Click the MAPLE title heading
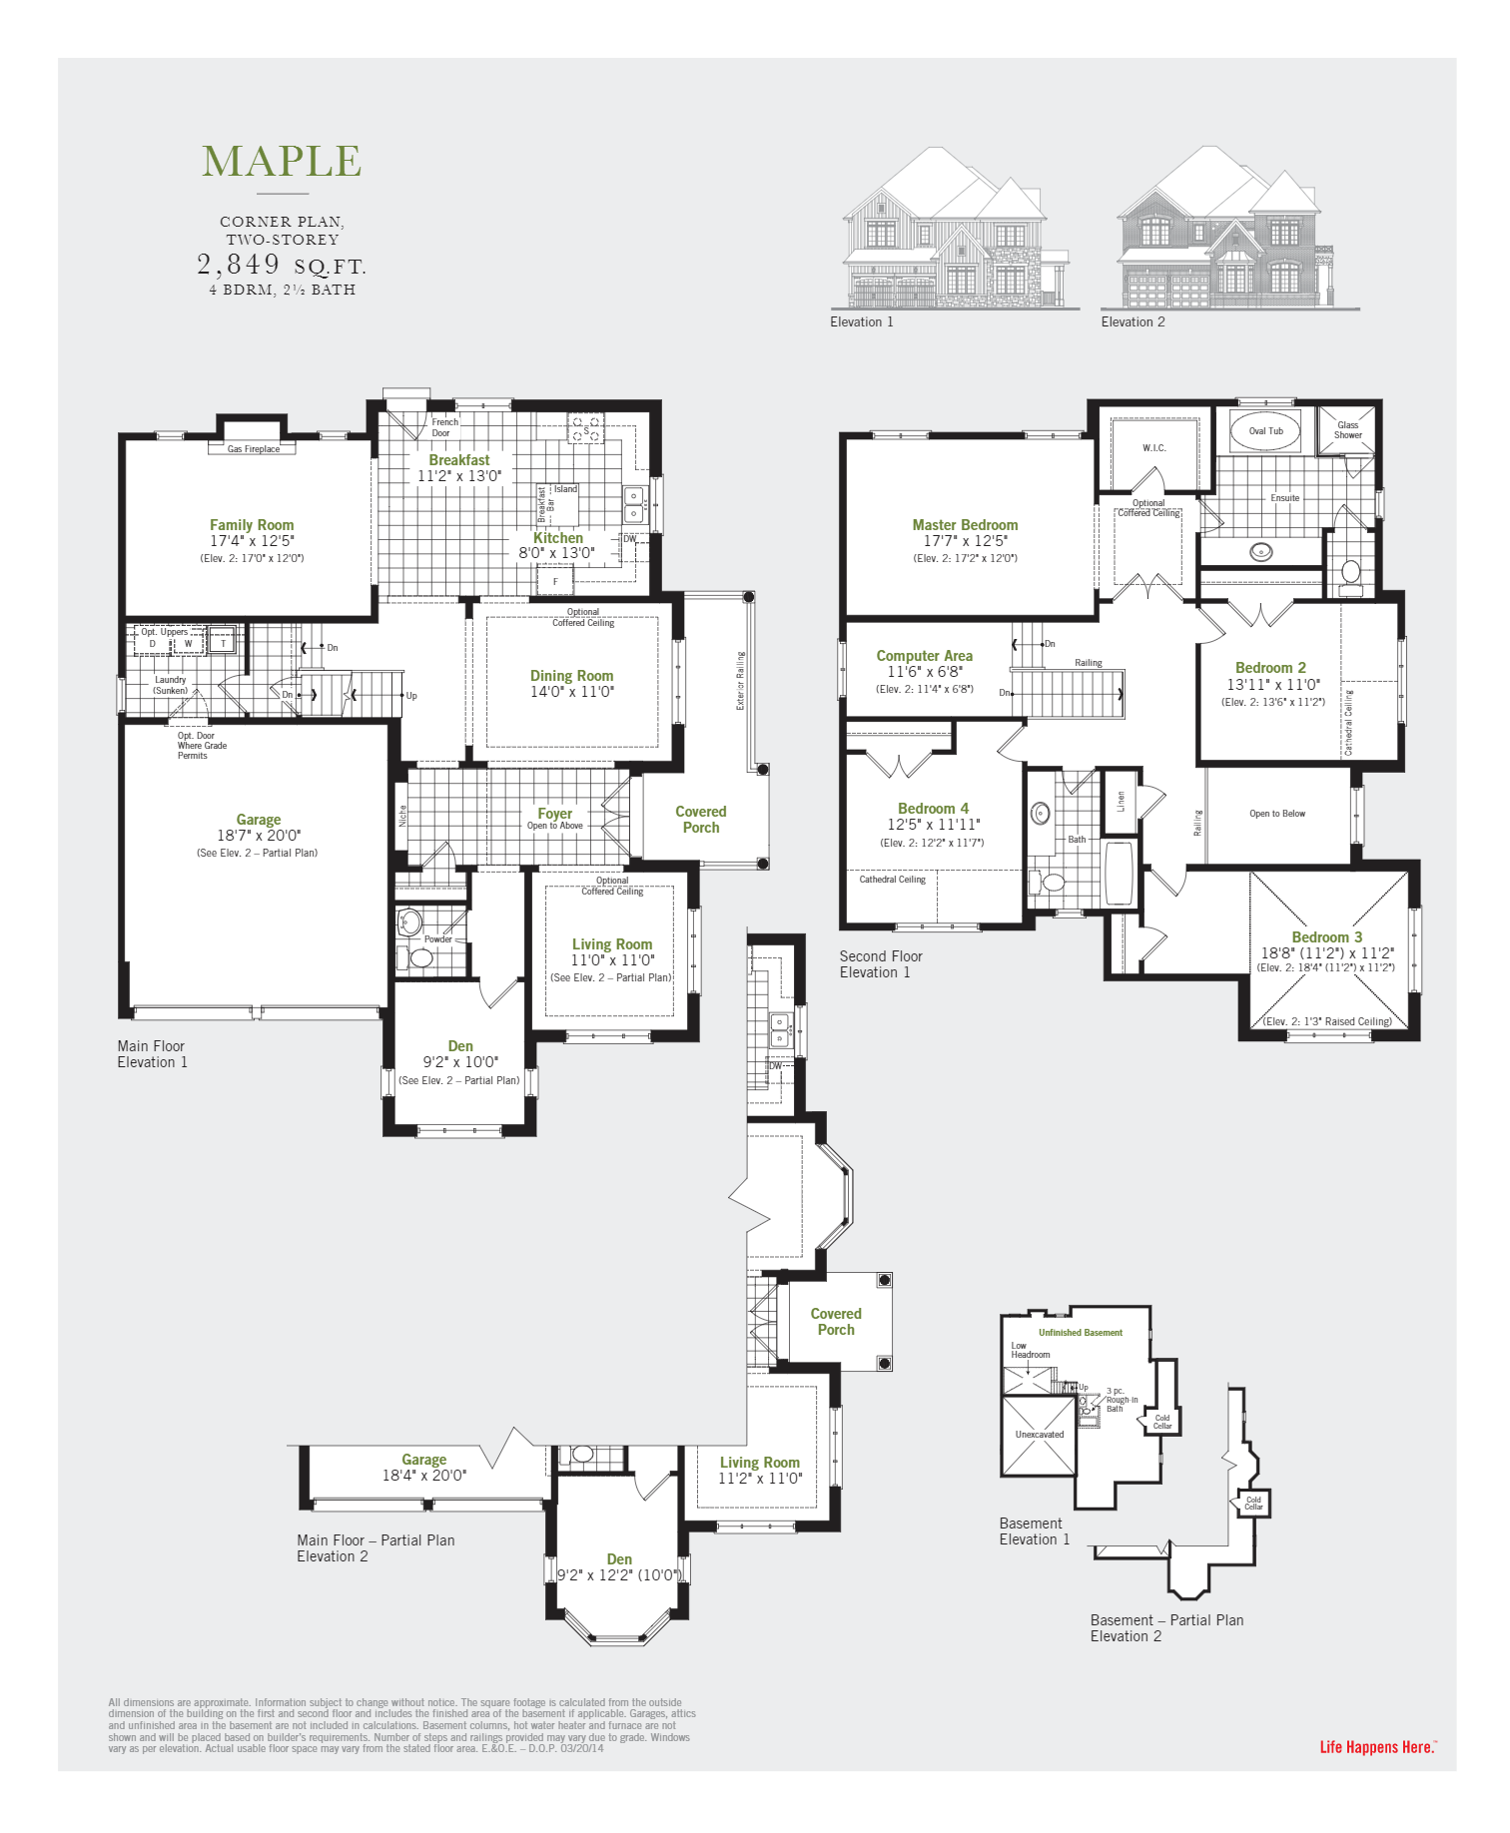coord(282,162)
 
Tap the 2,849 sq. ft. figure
coord(281,265)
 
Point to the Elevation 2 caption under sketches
coord(1132,321)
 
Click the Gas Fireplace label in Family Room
coord(254,449)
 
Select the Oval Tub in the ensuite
coord(1265,431)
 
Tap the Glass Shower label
coord(1347,430)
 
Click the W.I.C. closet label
coord(1153,448)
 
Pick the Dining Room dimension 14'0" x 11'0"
coord(571,692)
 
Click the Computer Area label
coord(924,656)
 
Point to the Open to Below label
coord(1276,814)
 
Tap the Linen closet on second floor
coord(1121,801)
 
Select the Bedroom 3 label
coord(1326,937)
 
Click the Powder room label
coord(437,939)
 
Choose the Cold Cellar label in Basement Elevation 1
coord(1162,1421)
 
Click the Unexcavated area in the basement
coord(1039,1435)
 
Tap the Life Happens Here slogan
coord(1377,1747)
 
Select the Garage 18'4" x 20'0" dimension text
coord(423,1476)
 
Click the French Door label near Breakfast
coord(444,427)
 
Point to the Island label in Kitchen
coord(565,489)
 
